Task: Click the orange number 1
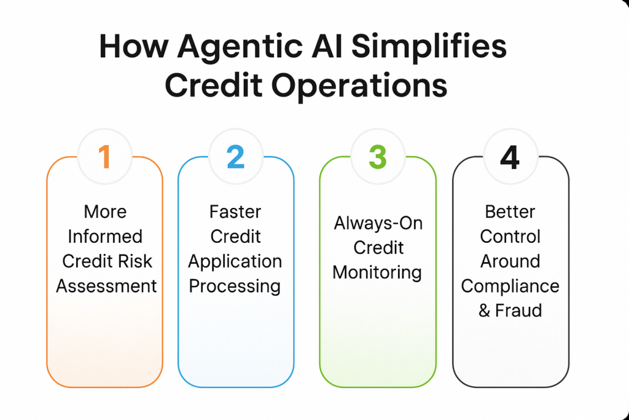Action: click(x=104, y=157)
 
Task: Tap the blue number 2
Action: click(x=235, y=157)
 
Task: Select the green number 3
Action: click(x=377, y=157)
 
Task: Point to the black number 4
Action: click(x=510, y=157)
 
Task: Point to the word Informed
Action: click(x=105, y=237)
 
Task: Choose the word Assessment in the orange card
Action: click(x=106, y=286)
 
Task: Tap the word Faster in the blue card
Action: click(x=235, y=212)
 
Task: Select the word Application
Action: click(x=235, y=261)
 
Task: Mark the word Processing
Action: click(x=235, y=286)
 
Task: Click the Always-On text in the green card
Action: click(x=378, y=223)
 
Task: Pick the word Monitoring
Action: click(x=377, y=272)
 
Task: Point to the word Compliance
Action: click(x=510, y=286)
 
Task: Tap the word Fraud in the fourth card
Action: click(x=519, y=311)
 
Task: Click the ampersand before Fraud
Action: click(x=485, y=311)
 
